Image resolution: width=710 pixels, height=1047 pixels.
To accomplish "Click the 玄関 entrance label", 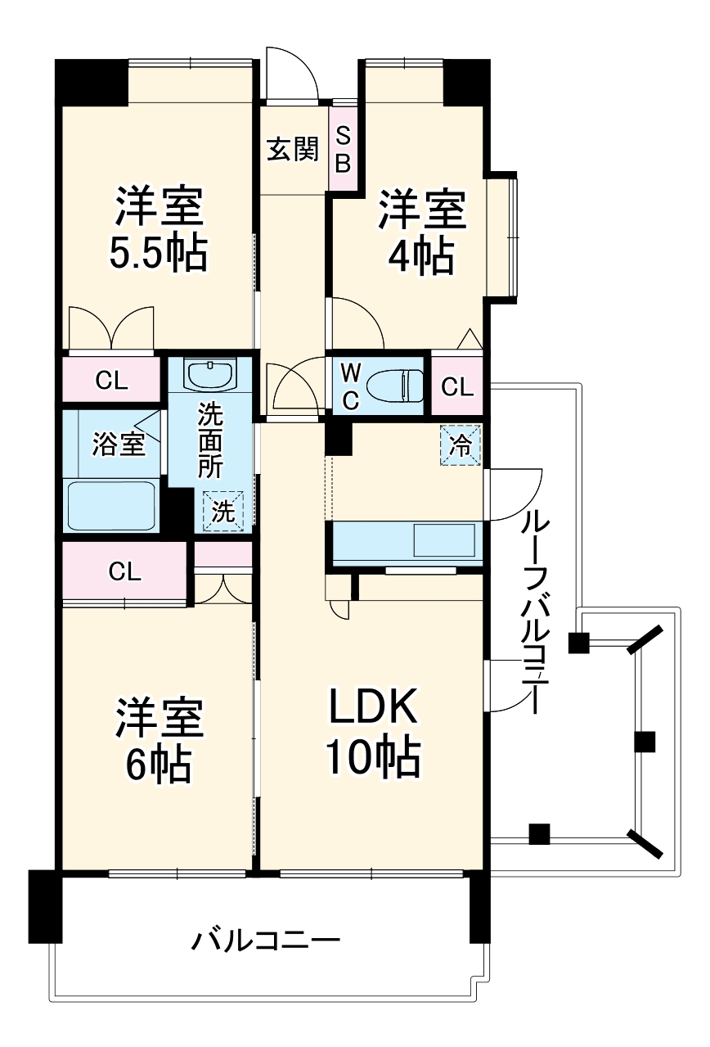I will (292, 150).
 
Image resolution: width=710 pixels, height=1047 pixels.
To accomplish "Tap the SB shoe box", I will (343, 149).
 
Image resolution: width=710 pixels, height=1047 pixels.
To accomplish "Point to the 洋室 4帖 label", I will (421, 232).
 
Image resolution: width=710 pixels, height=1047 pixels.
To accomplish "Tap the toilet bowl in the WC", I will (393, 385).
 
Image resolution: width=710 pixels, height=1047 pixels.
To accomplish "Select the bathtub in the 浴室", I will (111, 506).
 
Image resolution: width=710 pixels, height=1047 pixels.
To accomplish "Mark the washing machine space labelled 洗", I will (223, 511).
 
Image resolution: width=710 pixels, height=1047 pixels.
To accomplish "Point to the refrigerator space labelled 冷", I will (461, 446).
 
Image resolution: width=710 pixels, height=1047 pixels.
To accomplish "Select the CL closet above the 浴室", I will (111, 380).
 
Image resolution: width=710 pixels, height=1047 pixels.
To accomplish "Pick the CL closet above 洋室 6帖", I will (124, 572).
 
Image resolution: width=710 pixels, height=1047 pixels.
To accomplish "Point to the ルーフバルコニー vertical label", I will (532, 610).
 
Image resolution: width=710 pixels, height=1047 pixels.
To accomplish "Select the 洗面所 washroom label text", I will (210, 443).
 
